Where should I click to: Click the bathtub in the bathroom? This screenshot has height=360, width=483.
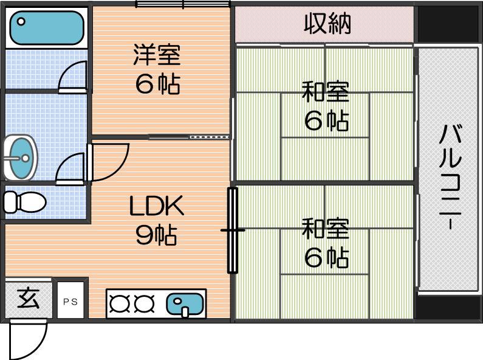[x=47, y=28]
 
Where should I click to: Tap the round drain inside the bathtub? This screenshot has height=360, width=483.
[x=21, y=21]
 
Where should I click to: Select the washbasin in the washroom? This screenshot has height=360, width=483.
[x=20, y=157]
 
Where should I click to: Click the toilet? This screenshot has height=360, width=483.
[x=25, y=202]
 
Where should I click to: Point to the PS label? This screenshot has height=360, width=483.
[x=70, y=302]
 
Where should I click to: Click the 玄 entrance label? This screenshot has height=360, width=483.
[x=29, y=299]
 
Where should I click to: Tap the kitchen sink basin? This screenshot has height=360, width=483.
[x=185, y=304]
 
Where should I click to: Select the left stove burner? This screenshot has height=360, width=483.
[x=120, y=303]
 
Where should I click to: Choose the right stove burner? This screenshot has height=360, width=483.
[x=144, y=303]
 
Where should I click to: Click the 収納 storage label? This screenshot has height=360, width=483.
[x=327, y=24]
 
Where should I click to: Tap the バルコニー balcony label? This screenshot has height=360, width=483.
[x=450, y=177]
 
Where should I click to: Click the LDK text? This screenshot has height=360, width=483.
[x=157, y=206]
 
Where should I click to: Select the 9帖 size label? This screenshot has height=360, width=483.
[x=157, y=235]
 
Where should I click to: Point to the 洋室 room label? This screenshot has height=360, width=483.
[x=157, y=55]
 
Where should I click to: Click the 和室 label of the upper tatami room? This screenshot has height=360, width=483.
[x=325, y=92]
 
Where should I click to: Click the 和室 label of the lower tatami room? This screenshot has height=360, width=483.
[x=325, y=229]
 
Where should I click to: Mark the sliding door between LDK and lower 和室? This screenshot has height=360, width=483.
[x=233, y=230]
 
